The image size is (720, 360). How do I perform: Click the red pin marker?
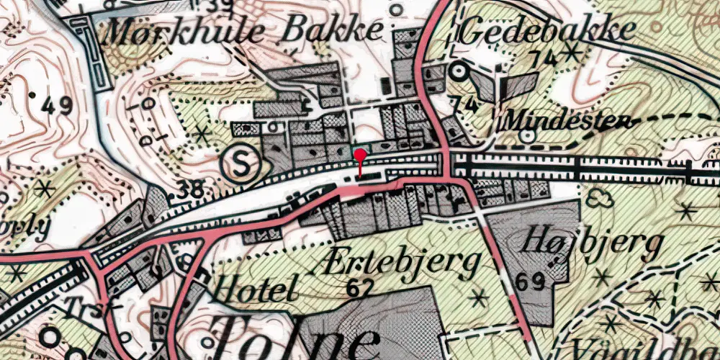360,154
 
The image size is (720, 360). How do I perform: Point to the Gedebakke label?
549,30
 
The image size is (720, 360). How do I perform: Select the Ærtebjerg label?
396,263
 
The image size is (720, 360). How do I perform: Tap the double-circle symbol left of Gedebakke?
459,71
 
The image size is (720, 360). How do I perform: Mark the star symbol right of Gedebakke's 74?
572,51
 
